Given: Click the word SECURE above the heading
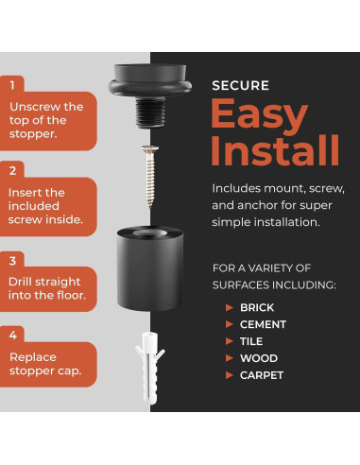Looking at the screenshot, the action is click(240, 86).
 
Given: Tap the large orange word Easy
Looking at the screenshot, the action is click(259, 117).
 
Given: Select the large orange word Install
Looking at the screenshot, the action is click(275, 150).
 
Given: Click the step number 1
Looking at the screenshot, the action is click(12, 85).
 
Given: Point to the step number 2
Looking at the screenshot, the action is click(12, 171).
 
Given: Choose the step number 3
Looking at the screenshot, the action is click(12, 261).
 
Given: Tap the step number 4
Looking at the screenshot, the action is click(13, 336).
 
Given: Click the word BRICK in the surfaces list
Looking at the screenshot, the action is click(257, 307).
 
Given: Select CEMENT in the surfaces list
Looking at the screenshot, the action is click(263, 324).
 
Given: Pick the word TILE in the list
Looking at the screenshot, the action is click(251, 341).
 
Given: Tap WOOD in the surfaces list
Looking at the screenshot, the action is click(259, 358).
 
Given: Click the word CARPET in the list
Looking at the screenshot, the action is click(262, 375).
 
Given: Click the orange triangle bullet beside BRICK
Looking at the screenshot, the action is click(230, 307).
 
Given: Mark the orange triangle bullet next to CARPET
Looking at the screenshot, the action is click(230, 375).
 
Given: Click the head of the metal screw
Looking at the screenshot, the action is click(150, 148).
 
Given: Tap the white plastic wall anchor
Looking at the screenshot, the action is click(150, 368).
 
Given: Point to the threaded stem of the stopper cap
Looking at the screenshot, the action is click(150, 112).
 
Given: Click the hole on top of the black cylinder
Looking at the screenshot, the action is click(149, 233).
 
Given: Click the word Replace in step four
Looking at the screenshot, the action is click(33, 357).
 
